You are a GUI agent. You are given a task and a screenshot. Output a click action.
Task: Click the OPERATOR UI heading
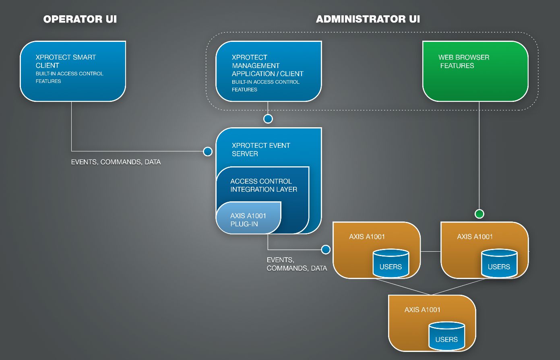[80, 19]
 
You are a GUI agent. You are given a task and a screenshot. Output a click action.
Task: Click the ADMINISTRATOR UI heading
[368, 19]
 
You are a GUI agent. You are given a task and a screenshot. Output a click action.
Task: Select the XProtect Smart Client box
[73, 71]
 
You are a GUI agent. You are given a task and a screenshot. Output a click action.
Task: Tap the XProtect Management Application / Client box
[269, 71]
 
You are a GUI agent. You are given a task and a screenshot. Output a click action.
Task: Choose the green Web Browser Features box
[475, 71]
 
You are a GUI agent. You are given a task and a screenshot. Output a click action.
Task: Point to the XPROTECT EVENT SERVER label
[260, 149]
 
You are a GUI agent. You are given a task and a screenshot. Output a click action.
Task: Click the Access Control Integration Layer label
[263, 185]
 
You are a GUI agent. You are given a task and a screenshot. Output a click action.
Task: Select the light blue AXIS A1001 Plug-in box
[248, 220]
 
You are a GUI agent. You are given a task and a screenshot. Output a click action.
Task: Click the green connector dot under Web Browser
[479, 214]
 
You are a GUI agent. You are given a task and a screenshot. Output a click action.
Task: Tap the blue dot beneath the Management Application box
[268, 118]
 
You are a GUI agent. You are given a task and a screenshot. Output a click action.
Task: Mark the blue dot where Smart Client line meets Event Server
[208, 151]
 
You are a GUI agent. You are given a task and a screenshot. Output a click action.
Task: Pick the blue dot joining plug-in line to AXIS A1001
[326, 250]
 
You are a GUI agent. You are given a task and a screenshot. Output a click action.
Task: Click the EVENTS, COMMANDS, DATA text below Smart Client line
[116, 162]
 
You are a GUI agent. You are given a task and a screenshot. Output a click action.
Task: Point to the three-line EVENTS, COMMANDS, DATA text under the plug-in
[297, 264]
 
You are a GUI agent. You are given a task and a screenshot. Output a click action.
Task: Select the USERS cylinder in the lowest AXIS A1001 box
[446, 336]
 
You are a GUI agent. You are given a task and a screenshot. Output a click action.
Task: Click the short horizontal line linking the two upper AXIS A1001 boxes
[430, 251]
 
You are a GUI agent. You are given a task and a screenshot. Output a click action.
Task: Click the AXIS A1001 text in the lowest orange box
[422, 310]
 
